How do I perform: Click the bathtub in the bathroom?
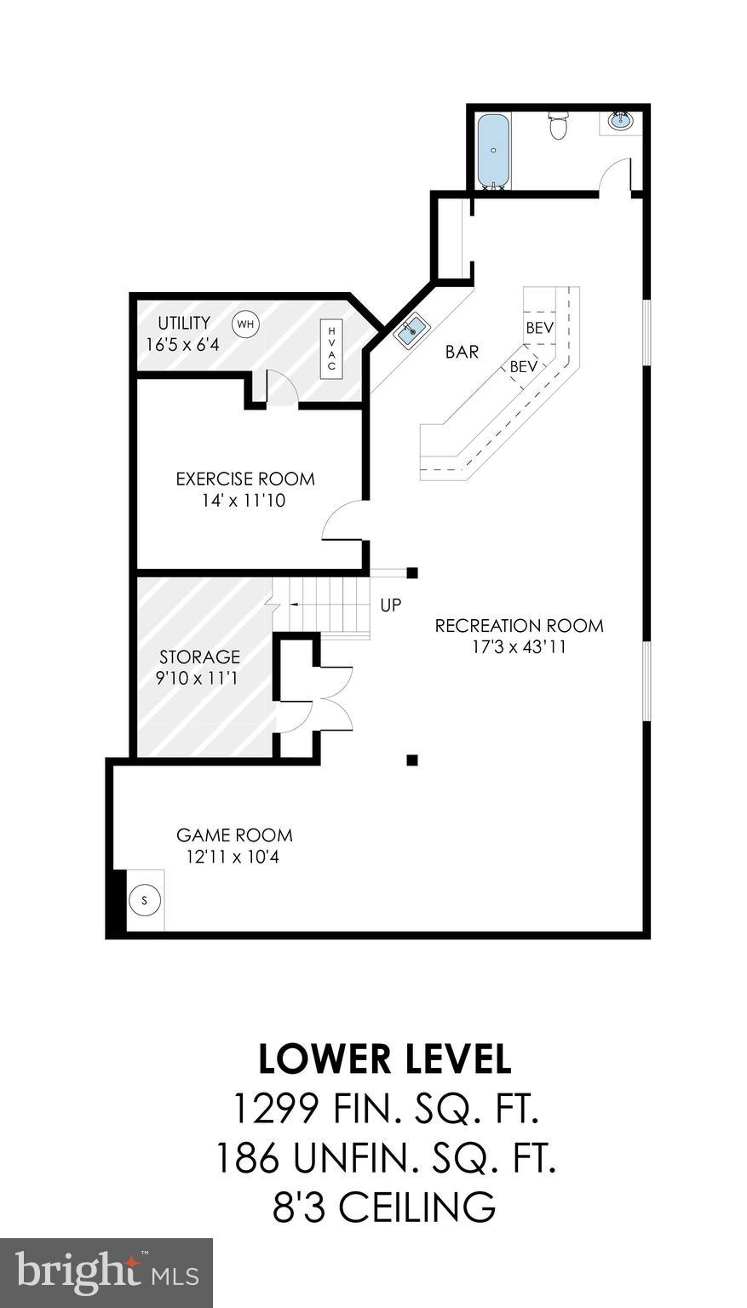click(492, 150)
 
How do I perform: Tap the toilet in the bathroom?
click(558, 125)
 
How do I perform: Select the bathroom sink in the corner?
click(620, 122)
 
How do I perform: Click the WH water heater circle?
click(245, 324)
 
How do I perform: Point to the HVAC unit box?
click(332, 348)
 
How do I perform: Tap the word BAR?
click(462, 352)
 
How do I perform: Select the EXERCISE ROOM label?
click(245, 479)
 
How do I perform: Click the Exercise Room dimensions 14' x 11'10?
click(244, 501)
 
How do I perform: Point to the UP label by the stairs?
click(390, 605)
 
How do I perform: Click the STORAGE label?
click(199, 657)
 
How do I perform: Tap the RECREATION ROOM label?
click(519, 626)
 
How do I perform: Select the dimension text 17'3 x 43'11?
click(519, 647)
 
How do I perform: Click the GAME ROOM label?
click(234, 835)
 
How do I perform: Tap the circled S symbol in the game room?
click(144, 900)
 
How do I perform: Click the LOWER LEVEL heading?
click(385, 1058)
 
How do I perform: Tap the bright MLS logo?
click(106, 1272)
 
